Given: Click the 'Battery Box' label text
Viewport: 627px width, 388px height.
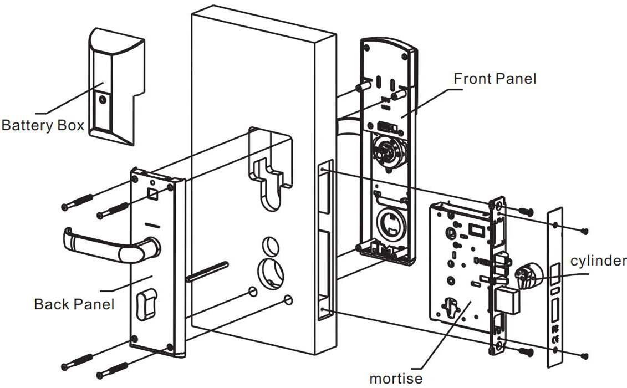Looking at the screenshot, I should coord(43,125).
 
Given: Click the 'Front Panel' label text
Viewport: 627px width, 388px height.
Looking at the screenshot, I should coord(495,79).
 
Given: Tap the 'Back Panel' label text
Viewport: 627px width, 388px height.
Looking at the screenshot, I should coord(74,304).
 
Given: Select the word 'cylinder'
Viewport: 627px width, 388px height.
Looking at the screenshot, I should coord(598,261).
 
